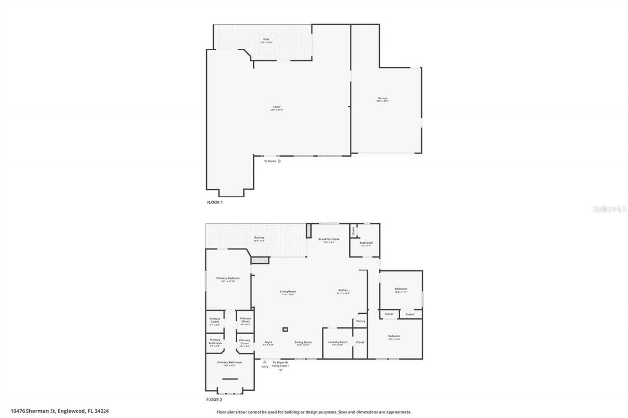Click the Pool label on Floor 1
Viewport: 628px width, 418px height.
click(x=266, y=40)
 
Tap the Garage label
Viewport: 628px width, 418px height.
click(x=382, y=98)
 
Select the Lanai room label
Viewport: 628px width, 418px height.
click(x=277, y=107)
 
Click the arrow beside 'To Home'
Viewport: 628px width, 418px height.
click(x=280, y=161)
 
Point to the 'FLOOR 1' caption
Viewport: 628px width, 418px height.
click(x=214, y=202)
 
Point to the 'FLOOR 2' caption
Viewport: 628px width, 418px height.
click(x=214, y=400)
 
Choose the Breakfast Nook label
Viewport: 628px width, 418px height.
click(x=329, y=240)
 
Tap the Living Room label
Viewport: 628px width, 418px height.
click(x=288, y=292)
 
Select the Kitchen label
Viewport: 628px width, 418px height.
click(x=343, y=290)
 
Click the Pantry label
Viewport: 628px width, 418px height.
click(x=361, y=321)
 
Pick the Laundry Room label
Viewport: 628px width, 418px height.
click(x=338, y=342)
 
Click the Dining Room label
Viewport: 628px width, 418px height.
click(x=303, y=342)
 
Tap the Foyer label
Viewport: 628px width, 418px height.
click(x=268, y=342)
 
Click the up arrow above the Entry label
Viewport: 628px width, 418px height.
click(x=264, y=362)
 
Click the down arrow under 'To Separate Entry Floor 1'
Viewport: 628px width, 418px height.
click(x=281, y=370)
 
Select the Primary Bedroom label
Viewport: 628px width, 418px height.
click(x=228, y=278)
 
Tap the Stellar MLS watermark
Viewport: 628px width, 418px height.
click(x=610, y=208)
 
